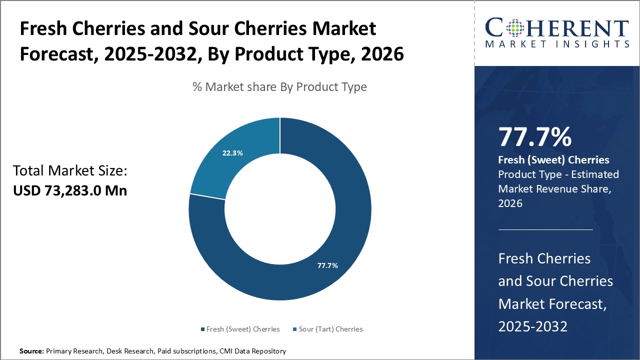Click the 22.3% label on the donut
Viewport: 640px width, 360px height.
(232, 153)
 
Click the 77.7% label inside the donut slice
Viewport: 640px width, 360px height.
(327, 265)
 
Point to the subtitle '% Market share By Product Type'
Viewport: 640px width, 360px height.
(279, 87)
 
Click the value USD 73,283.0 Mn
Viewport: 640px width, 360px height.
(70, 190)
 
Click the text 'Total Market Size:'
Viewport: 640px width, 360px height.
(70, 171)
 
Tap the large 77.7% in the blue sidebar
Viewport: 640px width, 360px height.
(534, 137)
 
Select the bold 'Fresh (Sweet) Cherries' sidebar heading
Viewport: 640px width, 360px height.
(553, 160)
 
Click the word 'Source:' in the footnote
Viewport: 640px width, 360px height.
(31, 351)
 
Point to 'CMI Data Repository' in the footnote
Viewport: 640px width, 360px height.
(252, 351)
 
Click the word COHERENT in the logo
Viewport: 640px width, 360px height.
(557, 28)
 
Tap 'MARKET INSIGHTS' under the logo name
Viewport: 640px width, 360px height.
(557, 44)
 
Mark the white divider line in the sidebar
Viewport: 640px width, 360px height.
(545, 229)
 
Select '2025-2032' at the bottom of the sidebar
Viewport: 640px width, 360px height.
(532, 326)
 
